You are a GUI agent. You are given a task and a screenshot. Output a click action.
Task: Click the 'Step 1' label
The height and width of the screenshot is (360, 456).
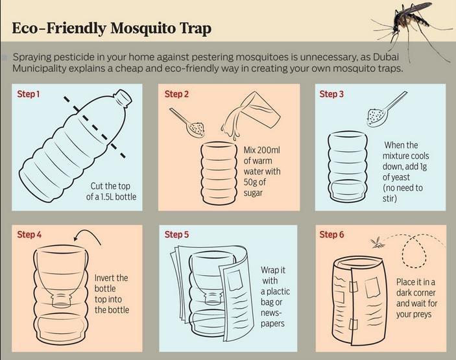coord(29,95)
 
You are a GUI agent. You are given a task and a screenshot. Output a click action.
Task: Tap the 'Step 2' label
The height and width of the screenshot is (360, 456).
coord(176,95)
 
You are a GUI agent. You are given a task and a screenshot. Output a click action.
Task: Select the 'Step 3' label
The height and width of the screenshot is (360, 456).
coord(331,95)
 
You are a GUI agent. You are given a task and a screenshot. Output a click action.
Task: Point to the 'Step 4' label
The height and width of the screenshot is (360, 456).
coord(29,235)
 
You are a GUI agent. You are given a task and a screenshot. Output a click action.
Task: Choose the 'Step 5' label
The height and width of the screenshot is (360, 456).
coord(176,235)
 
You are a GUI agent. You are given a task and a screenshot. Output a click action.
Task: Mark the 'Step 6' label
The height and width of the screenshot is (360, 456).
coord(331,235)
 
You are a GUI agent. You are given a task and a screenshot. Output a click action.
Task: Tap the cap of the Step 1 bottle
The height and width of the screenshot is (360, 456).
coord(123,98)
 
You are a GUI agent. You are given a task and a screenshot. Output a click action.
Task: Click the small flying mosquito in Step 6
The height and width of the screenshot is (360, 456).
coord(377,243)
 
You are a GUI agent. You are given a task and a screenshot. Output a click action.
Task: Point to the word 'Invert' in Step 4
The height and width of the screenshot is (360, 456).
coord(108,278)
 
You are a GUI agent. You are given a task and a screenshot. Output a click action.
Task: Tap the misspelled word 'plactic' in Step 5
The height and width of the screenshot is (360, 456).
coord(278,292)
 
